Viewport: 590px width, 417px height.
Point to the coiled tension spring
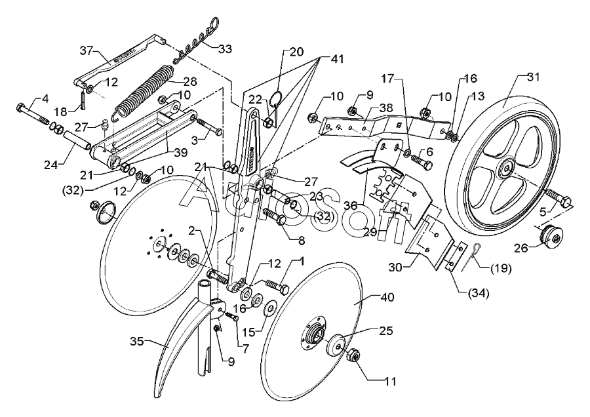[144, 92]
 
